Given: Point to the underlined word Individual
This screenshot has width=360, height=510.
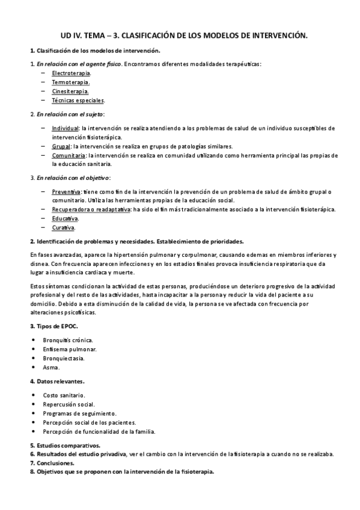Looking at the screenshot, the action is coord(65,128).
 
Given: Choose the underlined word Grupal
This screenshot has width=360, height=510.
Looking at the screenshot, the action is coord(61,146).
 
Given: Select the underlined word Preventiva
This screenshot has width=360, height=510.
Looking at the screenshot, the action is coord(66,191).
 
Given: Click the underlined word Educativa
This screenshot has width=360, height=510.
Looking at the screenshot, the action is coord(65,218).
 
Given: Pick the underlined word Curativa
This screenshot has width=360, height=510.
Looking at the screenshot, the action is coord(63,228).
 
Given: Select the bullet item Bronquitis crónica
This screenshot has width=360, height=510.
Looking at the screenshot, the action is coord(71,339).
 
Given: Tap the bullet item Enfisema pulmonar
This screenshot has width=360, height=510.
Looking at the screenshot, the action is coord(70,349).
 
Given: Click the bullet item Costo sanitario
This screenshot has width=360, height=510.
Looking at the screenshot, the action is coord(64,395).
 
